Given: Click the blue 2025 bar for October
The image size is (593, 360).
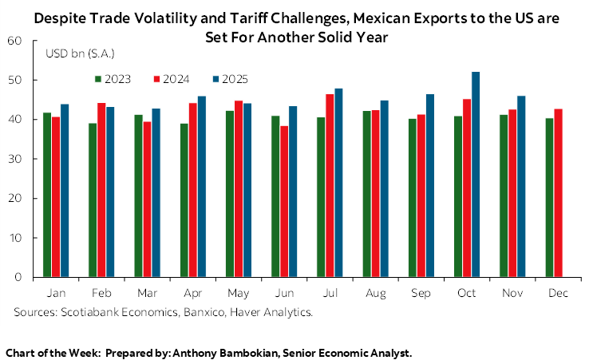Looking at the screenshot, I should pos(476,175).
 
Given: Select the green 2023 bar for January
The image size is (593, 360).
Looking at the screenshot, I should pos(47,195).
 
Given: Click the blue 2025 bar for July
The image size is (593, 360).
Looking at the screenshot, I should pos(339,183).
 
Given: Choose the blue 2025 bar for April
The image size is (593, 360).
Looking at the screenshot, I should pos(202,187).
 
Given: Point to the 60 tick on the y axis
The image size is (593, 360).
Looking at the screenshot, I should pos(18,41).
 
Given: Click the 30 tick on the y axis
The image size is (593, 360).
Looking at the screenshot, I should pos(18,159).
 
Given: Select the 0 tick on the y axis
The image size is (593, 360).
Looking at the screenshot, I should pos(22,277).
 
